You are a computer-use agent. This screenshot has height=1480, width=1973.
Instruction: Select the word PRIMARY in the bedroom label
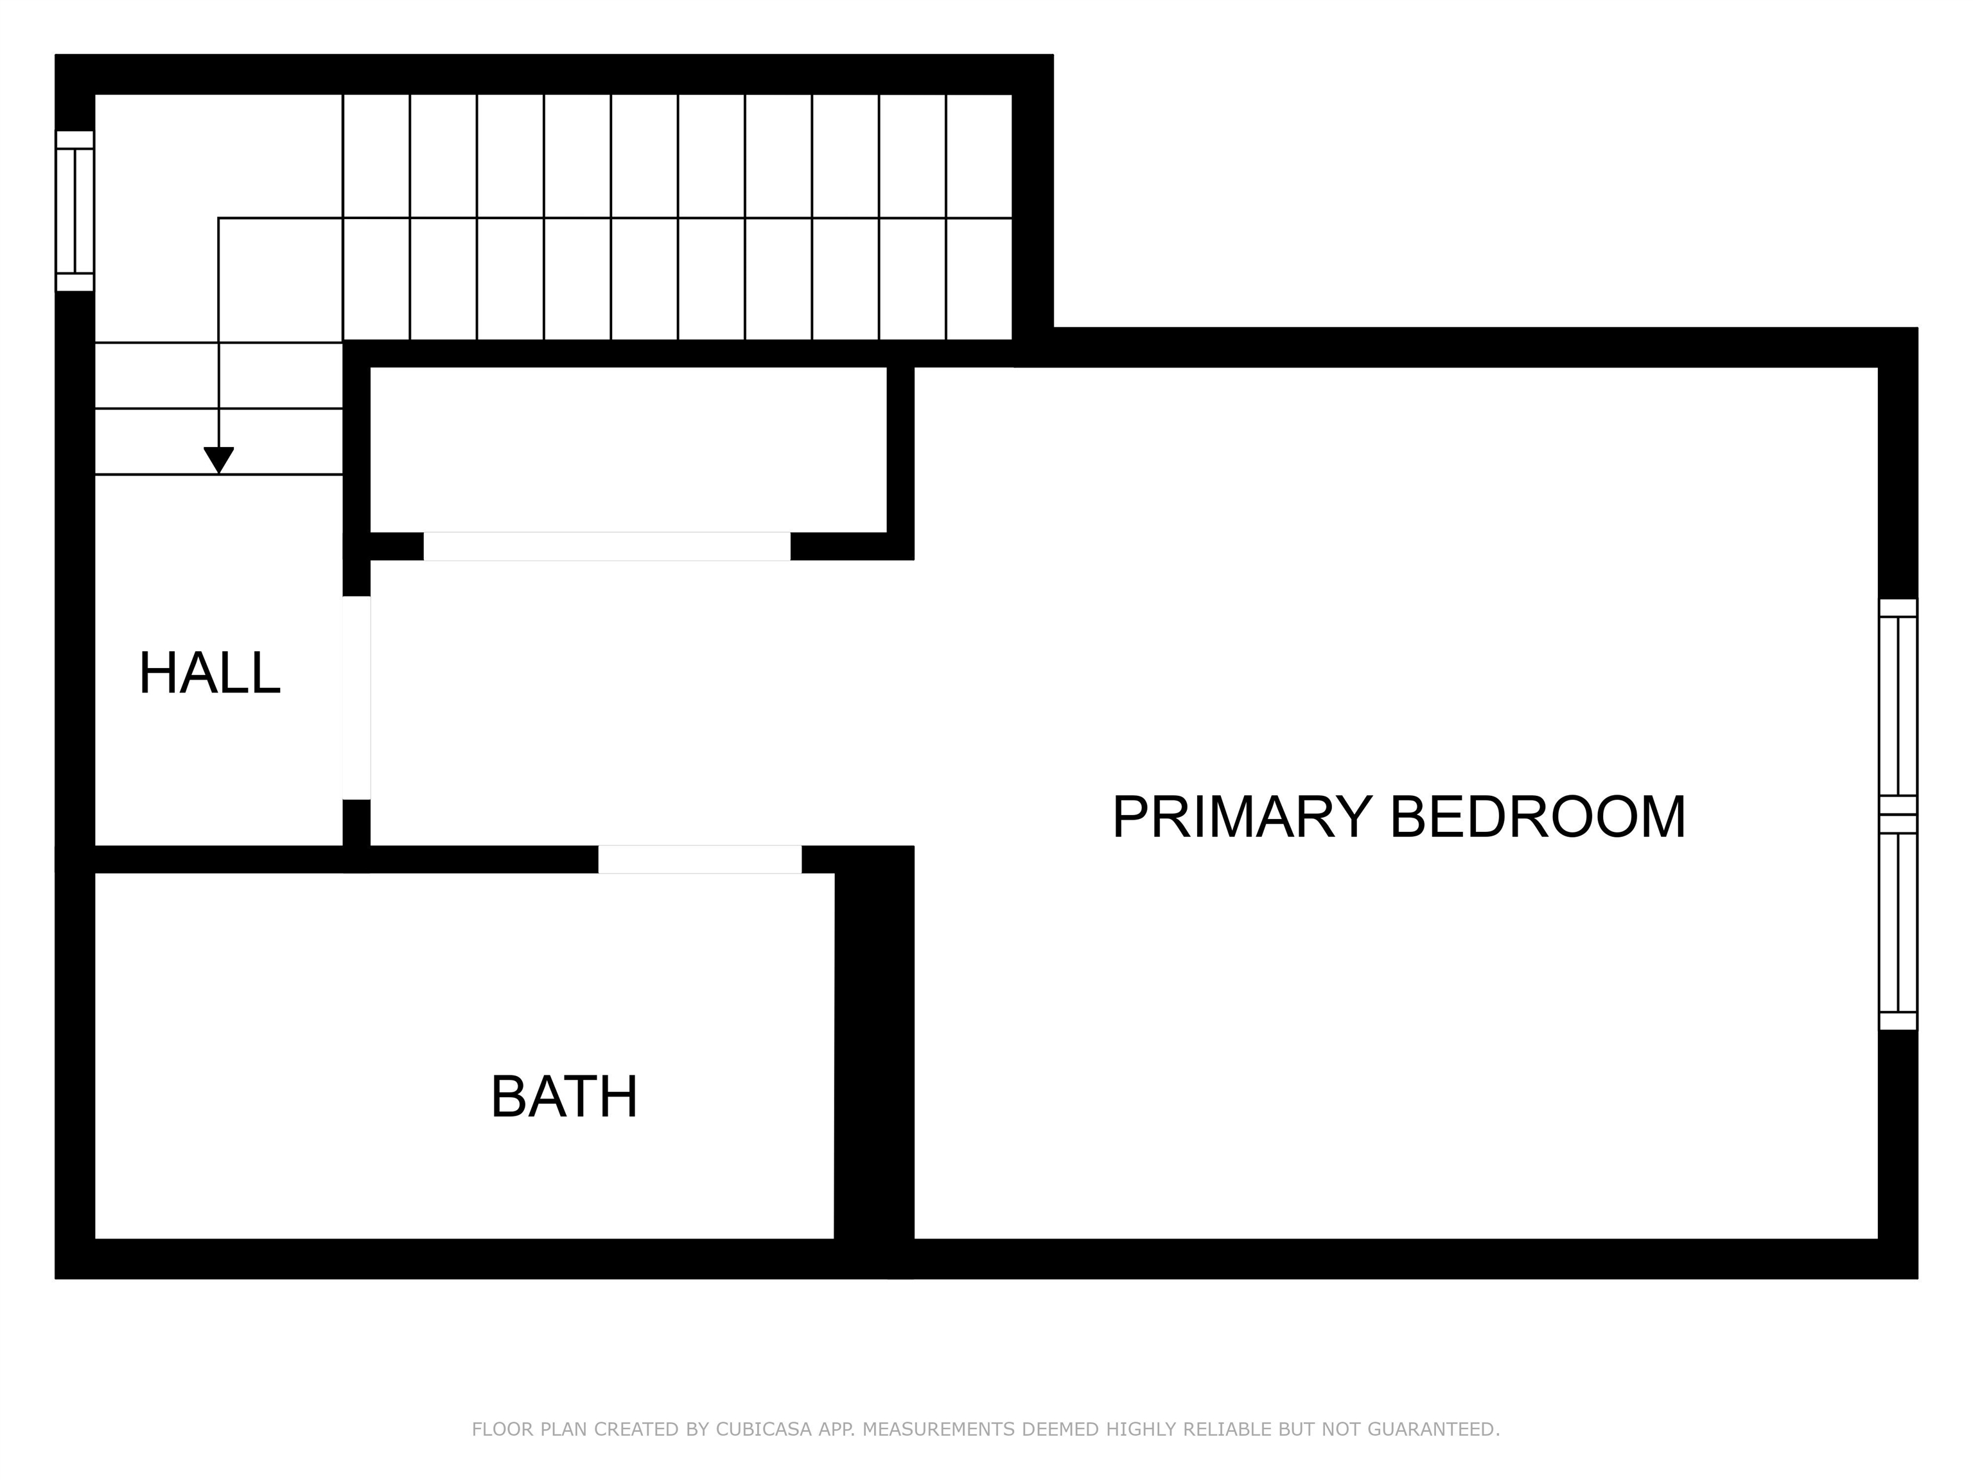pyautogui.click(x=1241, y=816)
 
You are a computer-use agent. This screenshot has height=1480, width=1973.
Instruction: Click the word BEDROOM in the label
pyautogui.click(x=1538, y=816)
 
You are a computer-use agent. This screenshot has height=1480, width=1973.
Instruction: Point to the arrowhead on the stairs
pyautogui.click(x=218, y=459)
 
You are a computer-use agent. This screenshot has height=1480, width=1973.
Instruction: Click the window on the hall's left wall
pyautogui.click(x=75, y=211)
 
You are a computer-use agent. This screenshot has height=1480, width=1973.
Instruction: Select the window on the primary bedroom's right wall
pyautogui.click(x=1897, y=814)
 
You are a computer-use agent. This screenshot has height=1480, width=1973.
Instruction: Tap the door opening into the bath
pyautogui.click(x=699, y=859)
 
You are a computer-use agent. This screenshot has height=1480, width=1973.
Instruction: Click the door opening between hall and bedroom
pyautogui.click(x=357, y=698)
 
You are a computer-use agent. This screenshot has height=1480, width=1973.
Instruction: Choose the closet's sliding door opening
pyautogui.click(x=606, y=546)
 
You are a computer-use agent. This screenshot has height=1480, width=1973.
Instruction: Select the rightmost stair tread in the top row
pyautogui.click(x=979, y=156)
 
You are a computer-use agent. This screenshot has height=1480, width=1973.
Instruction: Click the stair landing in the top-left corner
pyautogui.click(x=218, y=156)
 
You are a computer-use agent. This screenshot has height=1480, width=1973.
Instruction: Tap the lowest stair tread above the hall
pyautogui.click(x=218, y=441)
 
